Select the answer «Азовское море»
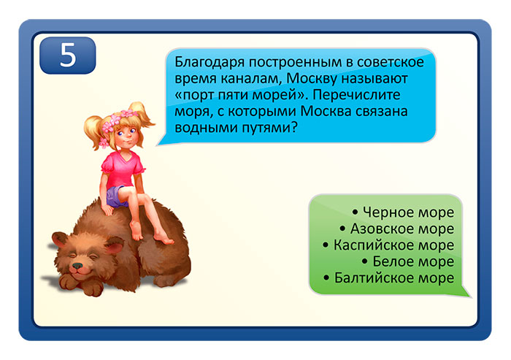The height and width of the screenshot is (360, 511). click(x=406, y=229)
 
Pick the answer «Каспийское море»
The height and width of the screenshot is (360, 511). click(x=394, y=245)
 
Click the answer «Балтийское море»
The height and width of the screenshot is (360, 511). click(x=394, y=278)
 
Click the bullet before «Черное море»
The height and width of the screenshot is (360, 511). click(x=355, y=213)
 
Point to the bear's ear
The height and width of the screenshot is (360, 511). click(x=109, y=246)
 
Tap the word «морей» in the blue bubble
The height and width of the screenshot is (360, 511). click(x=273, y=95)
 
